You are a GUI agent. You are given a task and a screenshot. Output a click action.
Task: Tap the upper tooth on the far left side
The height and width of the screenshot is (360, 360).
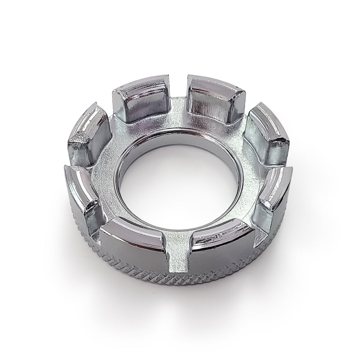click(x=90, y=133)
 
